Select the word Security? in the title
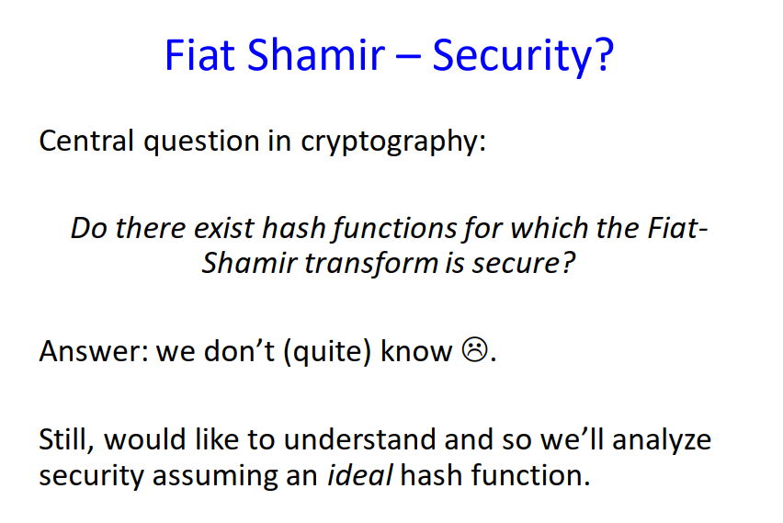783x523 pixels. [x=523, y=56]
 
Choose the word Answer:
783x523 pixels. [x=93, y=352]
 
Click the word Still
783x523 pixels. [x=65, y=439]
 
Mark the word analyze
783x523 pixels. [x=662, y=440]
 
